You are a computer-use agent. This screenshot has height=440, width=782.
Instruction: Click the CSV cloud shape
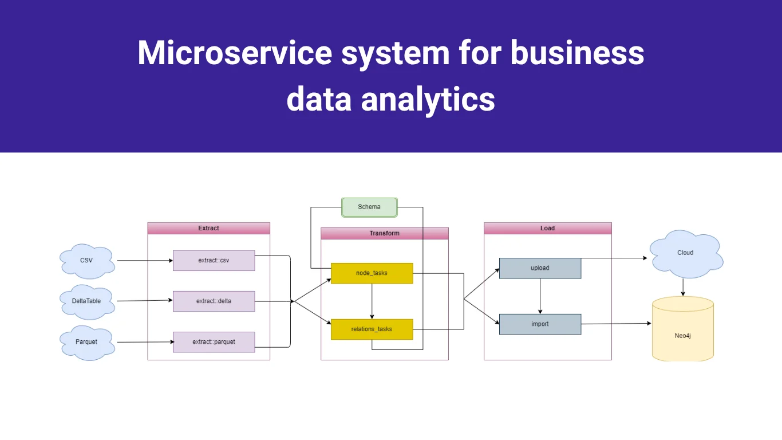click(86, 260)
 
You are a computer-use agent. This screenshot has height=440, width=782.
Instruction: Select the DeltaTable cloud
click(86, 301)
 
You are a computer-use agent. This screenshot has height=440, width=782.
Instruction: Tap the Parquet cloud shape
click(86, 342)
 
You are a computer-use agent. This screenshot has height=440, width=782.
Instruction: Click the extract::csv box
click(214, 260)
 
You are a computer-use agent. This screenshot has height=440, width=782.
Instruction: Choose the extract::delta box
click(214, 301)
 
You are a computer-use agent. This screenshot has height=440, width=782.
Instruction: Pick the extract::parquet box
click(214, 342)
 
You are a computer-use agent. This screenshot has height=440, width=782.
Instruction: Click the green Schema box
click(369, 207)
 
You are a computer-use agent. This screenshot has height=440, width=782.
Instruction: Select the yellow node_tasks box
click(372, 273)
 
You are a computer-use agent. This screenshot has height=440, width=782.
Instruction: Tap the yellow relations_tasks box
click(372, 329)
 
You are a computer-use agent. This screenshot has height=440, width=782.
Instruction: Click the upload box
click(540, 268)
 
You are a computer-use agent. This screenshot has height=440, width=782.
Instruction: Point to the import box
click(540, 324)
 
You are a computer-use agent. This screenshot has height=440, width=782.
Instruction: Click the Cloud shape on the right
click(685, 253)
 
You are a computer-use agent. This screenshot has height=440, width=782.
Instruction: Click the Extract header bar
click(208, 228)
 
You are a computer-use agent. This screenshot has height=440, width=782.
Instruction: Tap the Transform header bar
click(384, 233)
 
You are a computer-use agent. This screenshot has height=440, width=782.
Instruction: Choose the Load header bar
click(547, 228)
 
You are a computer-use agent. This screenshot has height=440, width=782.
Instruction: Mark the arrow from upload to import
click(540, 296)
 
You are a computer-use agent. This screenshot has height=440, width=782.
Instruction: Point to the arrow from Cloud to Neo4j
click(683, 286)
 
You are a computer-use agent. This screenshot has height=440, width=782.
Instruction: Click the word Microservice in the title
click(235, 53)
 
